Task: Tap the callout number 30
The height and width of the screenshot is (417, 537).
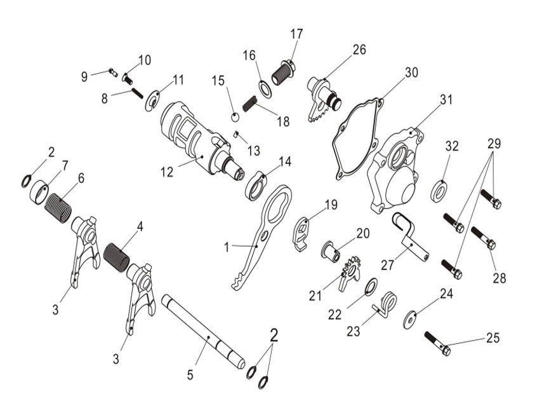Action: pyautogui.click(x=411, y=72)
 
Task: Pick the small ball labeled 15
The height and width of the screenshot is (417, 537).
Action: pyautogui.click(x=235, y=116)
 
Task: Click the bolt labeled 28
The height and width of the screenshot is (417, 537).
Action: pyautogui.click(x=484, y=236)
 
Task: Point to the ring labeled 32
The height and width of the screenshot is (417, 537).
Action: pyautogui.click(x=438, y=191)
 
